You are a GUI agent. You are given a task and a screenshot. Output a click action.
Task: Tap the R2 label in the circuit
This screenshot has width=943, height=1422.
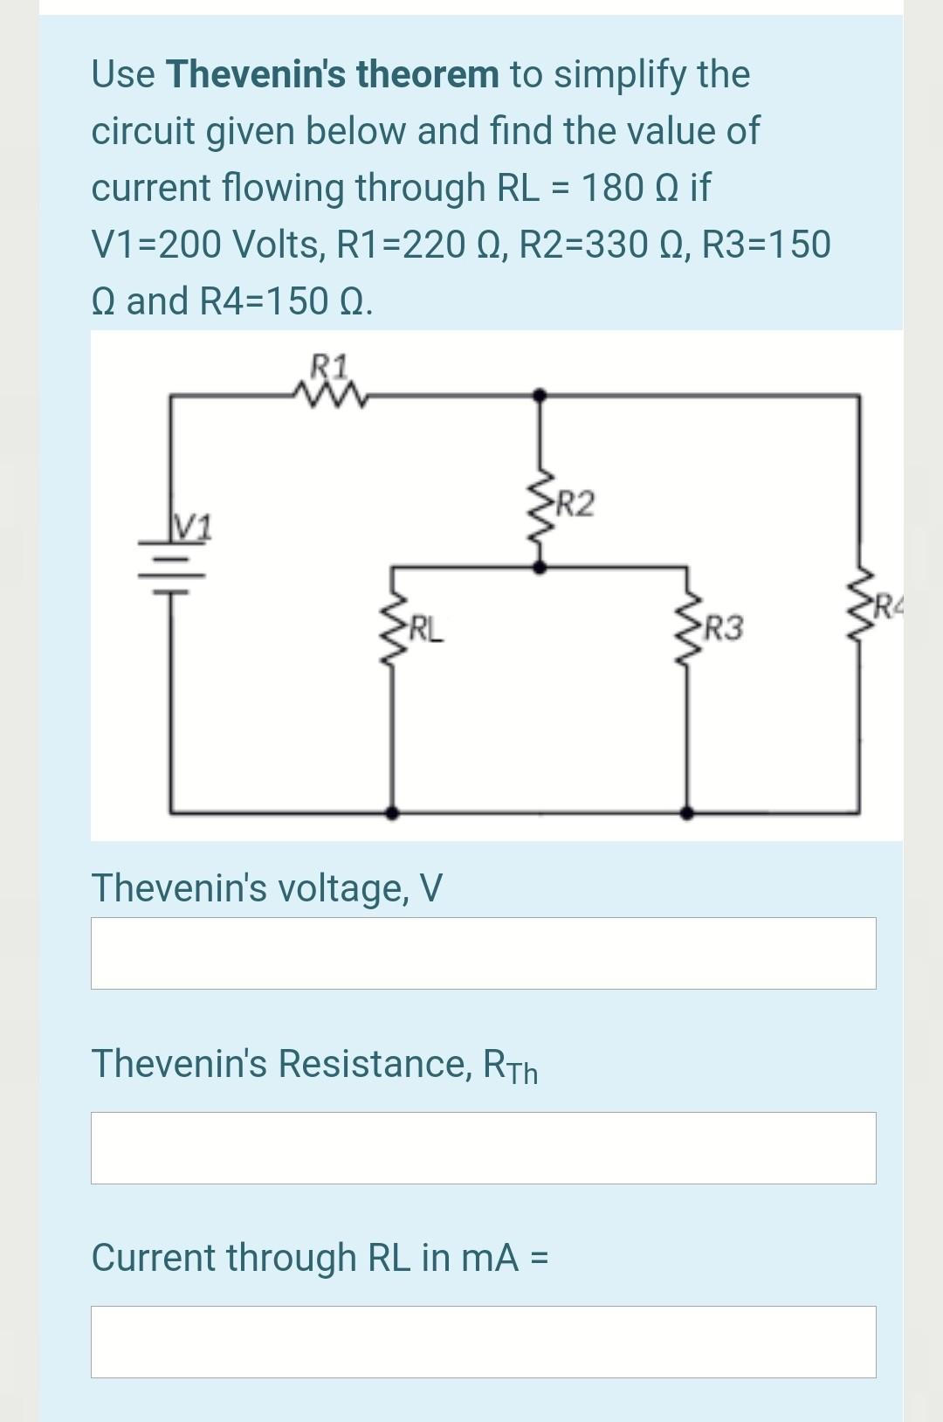575,504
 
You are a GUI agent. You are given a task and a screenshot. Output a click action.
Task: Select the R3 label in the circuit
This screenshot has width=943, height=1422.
725,627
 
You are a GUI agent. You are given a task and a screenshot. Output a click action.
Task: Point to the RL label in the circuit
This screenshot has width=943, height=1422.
426,627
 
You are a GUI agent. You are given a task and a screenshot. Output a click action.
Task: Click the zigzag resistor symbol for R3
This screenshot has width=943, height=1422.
689,622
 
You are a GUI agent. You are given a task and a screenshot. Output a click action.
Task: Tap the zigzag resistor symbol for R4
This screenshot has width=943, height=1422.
860,603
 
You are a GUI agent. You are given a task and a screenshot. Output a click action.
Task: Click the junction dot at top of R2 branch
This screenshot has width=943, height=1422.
540,395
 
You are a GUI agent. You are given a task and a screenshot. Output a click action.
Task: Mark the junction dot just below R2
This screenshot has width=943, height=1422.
540,567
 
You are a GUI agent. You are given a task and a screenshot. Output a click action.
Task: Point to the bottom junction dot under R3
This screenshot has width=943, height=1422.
689,812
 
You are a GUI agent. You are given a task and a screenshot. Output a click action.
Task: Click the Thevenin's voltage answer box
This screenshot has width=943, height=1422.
483,953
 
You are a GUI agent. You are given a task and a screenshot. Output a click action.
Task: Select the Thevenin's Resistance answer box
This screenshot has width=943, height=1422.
483,1148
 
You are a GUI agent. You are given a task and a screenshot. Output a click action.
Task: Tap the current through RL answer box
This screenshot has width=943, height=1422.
483,1342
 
